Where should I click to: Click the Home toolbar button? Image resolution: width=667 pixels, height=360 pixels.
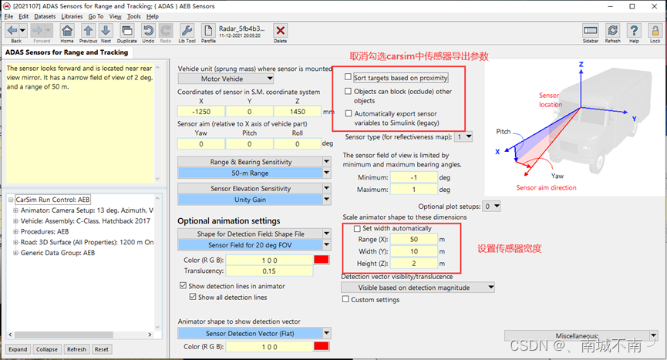pyautogui.click(x=67, y=33)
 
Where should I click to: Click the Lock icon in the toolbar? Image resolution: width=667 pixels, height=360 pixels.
pyautogui.click(x=655, y=33)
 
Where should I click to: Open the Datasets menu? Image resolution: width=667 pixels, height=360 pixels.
pyautogui.click(x=45, y=16)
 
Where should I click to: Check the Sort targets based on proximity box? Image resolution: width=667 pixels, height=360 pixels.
pyautogui.click(x=348, y=77)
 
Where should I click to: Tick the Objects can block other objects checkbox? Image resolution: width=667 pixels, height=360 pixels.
pyautogui.click(x=348, y=91)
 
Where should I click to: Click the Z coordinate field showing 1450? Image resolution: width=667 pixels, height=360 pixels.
pyautogui.click(x=298, y=111)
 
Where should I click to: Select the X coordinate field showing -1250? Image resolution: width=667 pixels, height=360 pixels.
pyautogui.click(x=201, y=111)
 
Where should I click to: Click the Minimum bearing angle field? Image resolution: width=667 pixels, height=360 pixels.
pyautogui.click(x=413, y=177)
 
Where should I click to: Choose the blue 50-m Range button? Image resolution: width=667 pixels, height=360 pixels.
pyautogui.click(x=250, y=173)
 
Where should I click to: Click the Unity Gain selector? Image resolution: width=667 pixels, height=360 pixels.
pyautogui.click(x=250, y=200)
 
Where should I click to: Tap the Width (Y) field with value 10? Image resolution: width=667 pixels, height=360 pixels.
pyautogui.click(x=414, y=251)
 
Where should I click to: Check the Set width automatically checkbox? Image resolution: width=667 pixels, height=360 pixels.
pyautogui.click(x=357, y=228)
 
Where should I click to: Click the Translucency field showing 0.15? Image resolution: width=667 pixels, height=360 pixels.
pyautogui.click(x=269, y=271)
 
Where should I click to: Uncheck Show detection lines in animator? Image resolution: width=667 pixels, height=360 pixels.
pyautogui.click(x=184, y=286)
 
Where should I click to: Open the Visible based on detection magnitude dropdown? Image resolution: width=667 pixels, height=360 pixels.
pyautogui.click(x=418, y=288)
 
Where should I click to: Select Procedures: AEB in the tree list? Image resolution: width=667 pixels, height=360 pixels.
pyautogui.click(x=45, y=231)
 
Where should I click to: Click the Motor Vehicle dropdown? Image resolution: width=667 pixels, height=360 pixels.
pyautogui.click(x=225, y=79)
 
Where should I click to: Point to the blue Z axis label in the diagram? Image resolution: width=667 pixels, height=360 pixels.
pyautogui.click(x=581, y=64)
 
